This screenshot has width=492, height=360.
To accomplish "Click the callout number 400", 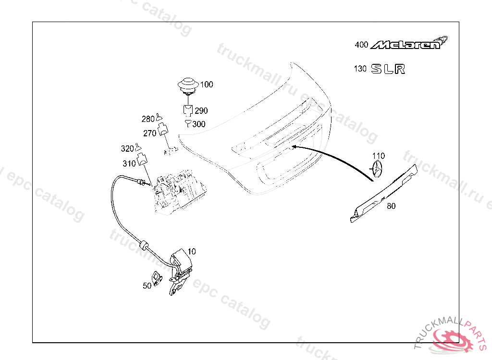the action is (361, 45).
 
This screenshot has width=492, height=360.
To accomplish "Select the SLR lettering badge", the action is (388, 69).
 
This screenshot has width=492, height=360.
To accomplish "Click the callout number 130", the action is (360, 69).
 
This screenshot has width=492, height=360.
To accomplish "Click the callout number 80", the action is (391, 206).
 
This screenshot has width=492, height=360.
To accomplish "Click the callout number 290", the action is (201, 111).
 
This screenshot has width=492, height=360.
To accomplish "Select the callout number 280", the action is (148, 119).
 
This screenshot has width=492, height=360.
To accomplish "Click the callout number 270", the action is (149, 133).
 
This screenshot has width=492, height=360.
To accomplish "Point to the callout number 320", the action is (127, 149).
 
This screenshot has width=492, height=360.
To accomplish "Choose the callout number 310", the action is (129, 164).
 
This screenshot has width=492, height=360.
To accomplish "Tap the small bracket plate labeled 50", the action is (157, 277).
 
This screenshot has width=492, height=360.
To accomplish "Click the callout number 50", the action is (147, 286).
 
